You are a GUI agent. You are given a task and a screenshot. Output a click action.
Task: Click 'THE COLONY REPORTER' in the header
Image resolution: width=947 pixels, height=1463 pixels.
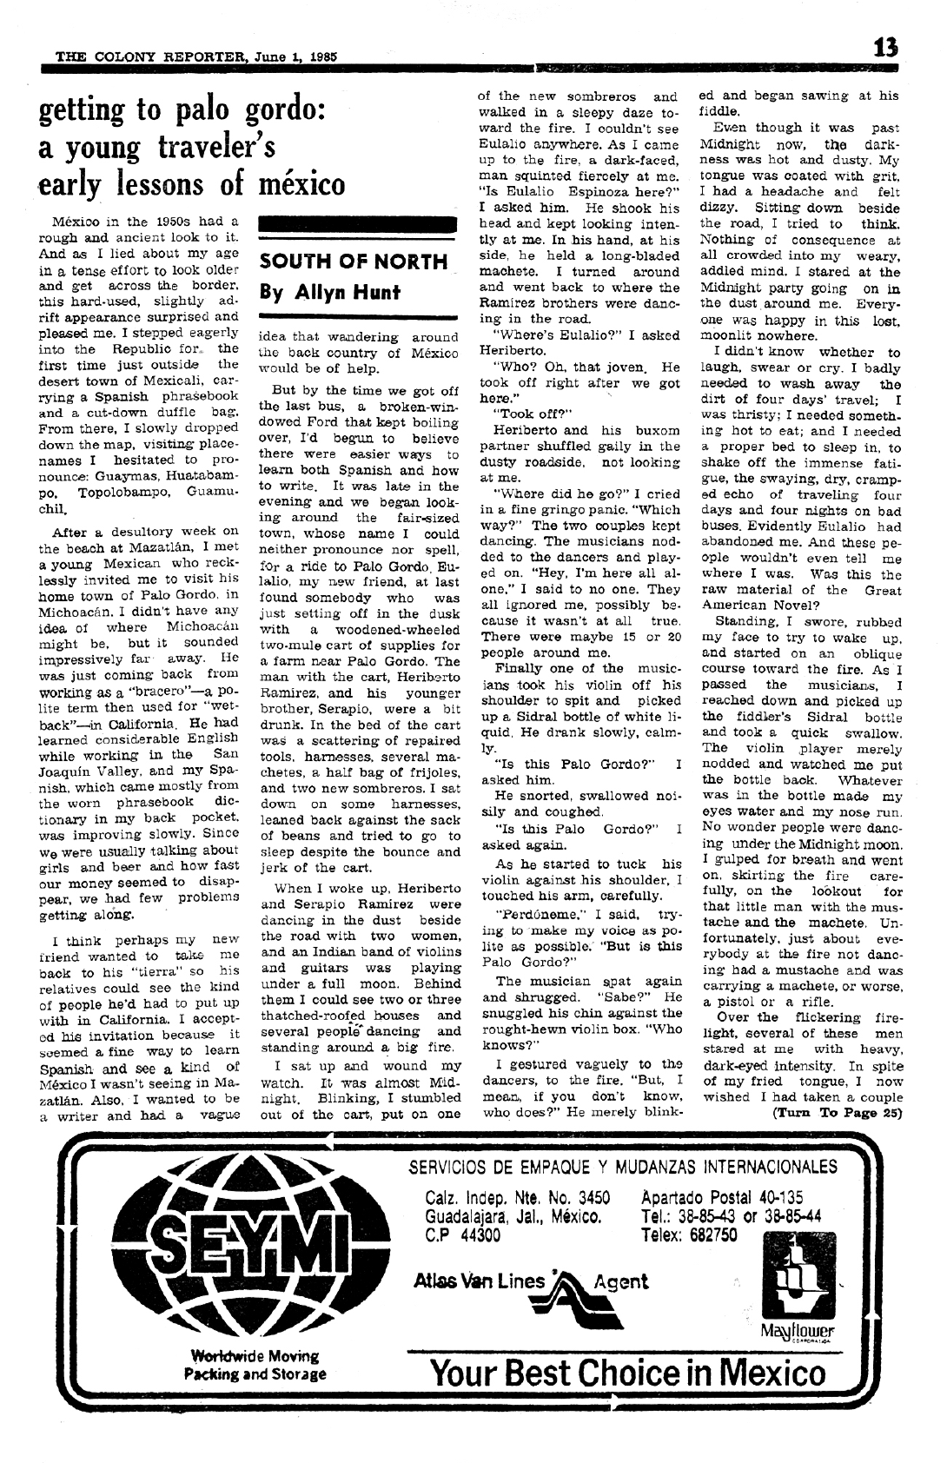[x=149, y=57]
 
